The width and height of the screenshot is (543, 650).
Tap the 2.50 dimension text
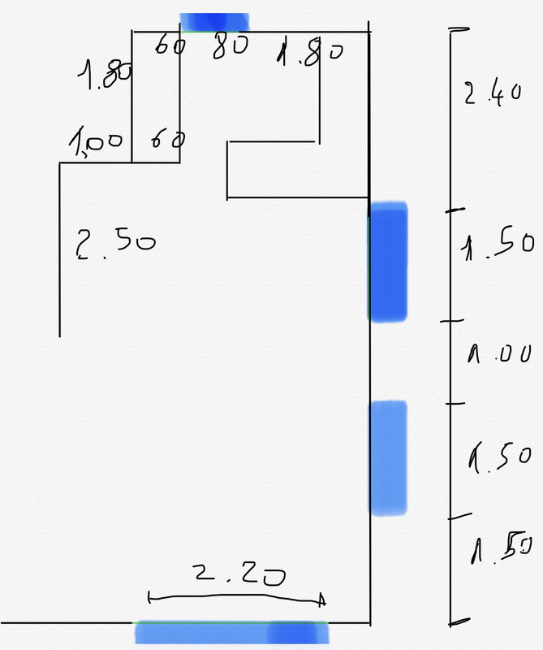(115, 242)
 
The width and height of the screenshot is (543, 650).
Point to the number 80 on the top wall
(230, 47)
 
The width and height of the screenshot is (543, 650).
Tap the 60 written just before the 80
(170, 46)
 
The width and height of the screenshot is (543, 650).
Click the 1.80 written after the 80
(309, 54)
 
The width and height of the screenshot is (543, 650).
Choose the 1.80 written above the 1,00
(105, 77)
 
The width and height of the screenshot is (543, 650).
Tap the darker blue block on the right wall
(388, 263)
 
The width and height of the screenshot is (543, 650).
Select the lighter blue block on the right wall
(388, 457)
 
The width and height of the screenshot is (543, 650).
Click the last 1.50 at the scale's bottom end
(498, 551)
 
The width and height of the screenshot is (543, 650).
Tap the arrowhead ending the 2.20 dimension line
(321, 600)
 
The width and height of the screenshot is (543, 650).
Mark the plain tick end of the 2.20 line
(150, 599)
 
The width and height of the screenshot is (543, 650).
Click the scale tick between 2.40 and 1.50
(453, 211)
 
